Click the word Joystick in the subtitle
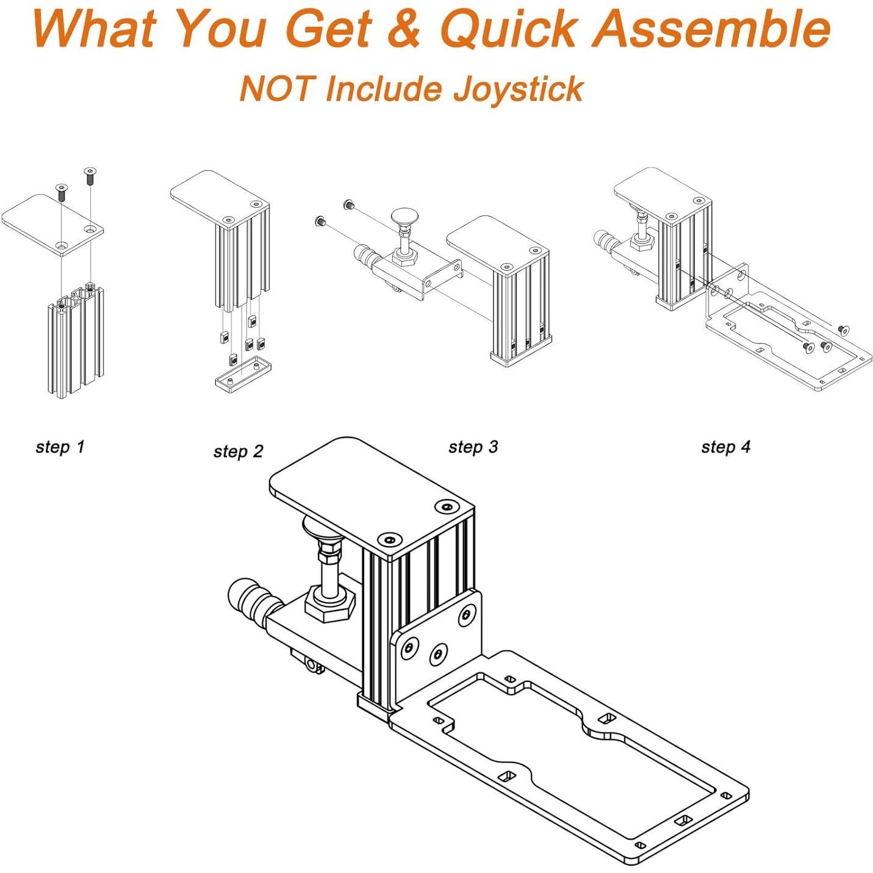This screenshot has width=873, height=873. click(x=518, y=89)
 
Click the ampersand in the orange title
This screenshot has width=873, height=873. click(x=403, y=29)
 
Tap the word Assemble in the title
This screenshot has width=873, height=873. click(x=711, y=29)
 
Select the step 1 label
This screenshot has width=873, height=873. click(x=60, y=447)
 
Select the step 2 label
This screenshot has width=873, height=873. click(x=238, y=451)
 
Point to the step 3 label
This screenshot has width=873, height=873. click(x=473, y=447)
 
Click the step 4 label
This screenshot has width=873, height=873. click(x=725, y=447)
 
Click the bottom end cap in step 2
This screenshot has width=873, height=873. click(x=242, y=372)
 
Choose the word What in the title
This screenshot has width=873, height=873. click(x=95, y=29)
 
